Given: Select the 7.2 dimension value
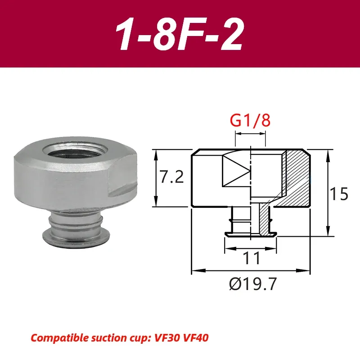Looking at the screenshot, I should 172,178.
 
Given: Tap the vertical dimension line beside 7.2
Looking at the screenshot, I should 156,178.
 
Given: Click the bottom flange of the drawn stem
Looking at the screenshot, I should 250,234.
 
